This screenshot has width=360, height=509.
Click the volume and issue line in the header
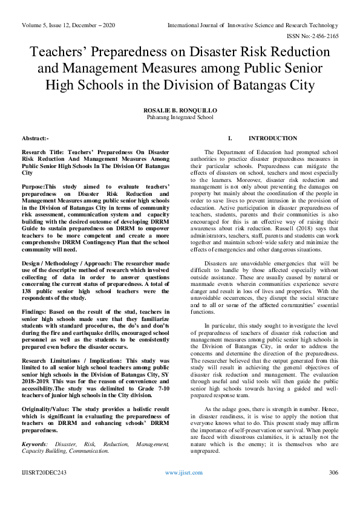68,25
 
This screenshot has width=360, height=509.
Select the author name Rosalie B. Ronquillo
180,111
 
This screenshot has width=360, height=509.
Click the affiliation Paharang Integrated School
180,118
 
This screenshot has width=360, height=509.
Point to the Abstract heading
34,138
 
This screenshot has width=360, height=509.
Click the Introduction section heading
273,138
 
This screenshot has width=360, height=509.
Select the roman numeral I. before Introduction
229,138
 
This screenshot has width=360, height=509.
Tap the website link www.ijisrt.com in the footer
180,489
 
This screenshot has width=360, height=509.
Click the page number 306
332,489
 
